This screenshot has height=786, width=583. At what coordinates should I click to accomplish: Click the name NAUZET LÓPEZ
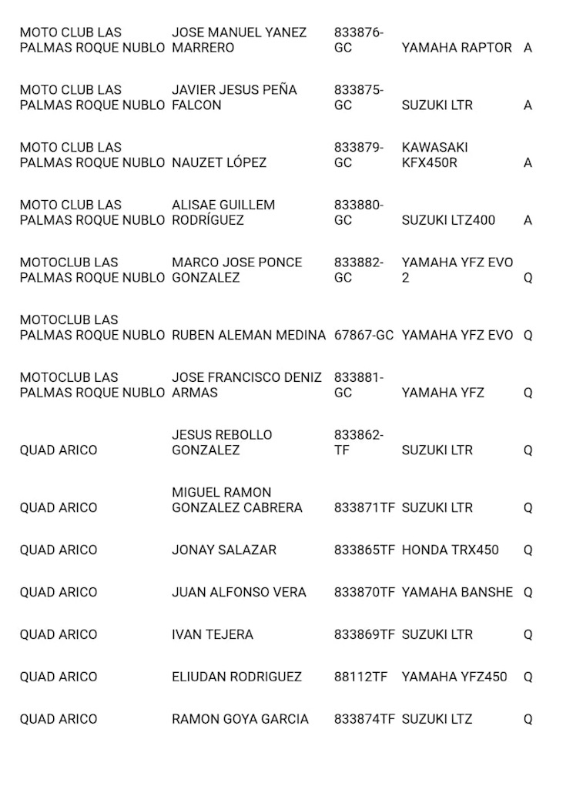point(219,162)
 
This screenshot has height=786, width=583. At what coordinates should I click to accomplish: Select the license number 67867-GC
point(364,335)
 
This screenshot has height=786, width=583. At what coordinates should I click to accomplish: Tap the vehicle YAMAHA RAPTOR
point(456,47)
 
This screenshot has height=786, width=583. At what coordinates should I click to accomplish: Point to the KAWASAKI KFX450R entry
point(434,155)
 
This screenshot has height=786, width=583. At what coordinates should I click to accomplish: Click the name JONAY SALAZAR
point(223,550)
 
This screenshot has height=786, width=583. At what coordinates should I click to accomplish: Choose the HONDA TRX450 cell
point(450,550)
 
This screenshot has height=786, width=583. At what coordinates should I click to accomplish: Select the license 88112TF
point(360,677)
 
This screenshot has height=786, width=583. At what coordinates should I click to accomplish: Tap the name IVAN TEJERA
point(212,634)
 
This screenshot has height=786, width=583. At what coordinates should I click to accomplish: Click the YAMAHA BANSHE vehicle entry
point(457,592)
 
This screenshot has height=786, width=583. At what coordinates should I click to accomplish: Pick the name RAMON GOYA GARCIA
point(240,719)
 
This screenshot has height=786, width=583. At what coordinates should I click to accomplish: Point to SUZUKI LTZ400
point(448,220)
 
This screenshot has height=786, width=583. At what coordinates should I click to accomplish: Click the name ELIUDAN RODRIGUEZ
point(236,677)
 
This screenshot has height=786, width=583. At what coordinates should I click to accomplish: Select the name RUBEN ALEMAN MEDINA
point(249,335)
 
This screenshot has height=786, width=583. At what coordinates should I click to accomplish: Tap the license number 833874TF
point(364,719)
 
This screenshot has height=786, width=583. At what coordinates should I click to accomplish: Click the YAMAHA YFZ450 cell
point(454,677)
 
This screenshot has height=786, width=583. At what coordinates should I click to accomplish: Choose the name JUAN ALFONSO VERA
point(239,592)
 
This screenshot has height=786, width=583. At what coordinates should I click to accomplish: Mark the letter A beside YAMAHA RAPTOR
point(528,47)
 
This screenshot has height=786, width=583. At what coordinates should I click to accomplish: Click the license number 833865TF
point(364,550)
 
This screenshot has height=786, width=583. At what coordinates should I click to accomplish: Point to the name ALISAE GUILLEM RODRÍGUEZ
point(223,212)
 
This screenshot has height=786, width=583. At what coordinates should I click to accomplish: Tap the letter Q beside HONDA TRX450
point(528,550)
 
